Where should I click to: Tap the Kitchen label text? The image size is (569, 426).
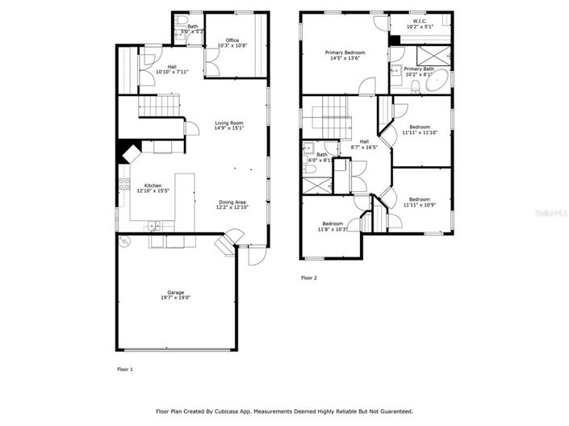(x=153, y=185)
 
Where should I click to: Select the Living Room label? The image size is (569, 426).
(x=229, y=123)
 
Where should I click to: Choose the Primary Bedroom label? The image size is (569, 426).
(x=345, y=52)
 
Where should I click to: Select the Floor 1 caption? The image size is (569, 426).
(x=125, y=369)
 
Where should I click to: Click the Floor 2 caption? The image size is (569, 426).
(x=309, y=278)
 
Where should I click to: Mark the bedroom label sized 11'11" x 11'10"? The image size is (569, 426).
(x=420, y=127)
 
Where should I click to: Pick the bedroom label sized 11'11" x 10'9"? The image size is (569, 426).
(x=419, y=198)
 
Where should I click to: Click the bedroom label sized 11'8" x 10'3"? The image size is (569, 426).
(x=333, y=223)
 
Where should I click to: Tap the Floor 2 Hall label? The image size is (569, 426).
(x=364, y=141)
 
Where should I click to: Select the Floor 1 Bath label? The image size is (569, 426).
(x=192, y=27)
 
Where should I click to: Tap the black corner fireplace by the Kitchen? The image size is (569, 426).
(x=128, y=151)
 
